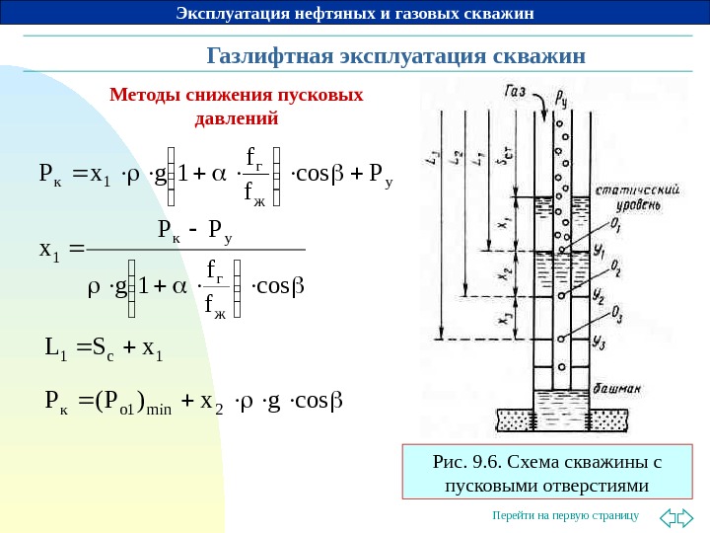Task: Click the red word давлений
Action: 238,119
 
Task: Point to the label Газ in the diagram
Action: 514,92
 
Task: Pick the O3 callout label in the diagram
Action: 614,316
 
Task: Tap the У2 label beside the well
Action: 599,295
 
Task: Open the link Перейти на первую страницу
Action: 566,515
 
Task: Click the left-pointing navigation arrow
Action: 667,515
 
